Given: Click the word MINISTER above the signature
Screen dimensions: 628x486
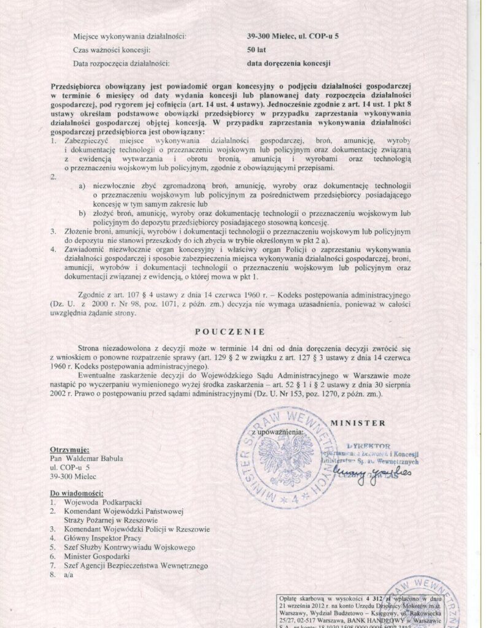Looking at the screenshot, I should tap(358, 423).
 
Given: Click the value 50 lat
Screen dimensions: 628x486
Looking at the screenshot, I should tap(256, 49).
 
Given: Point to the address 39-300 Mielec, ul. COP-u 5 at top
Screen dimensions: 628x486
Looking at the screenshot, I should tap(292, 36).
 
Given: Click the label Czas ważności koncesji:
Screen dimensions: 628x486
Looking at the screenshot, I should tap(112, 49).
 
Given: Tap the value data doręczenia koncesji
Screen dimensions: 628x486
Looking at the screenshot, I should tap(289, 63).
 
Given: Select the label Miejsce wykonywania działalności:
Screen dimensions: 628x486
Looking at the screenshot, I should tap(129, 36).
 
